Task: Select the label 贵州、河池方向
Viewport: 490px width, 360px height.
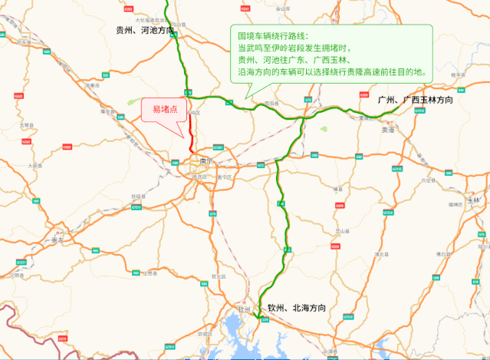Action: click(143, 31)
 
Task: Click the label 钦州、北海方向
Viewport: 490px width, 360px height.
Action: click(297, 308)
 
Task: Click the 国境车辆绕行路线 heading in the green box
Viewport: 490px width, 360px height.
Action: click(272, 36)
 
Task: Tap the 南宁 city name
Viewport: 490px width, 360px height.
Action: click(204, 162)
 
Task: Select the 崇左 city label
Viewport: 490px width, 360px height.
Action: click(58, 239)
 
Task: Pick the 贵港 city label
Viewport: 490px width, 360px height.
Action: click(387, 130)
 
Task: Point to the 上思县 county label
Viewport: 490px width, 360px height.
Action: click(150, 272)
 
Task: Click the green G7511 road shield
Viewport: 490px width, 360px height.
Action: click(265, 320)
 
